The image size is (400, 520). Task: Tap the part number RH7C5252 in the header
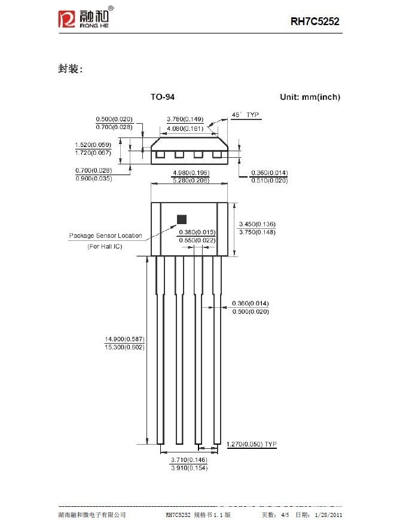pos(315,22)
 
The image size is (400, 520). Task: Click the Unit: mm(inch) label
pos(310,97)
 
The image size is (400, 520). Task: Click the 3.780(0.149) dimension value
pos(185,119)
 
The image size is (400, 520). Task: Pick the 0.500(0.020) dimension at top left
pos(114,119)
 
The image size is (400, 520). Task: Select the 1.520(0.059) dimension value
pos(93,145)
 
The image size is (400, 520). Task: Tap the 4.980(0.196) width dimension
pos(190,173)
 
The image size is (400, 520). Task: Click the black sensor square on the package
pos(182,219)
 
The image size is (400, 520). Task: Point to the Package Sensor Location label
pos(105,235)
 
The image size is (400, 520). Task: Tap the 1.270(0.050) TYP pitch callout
pos(251,445)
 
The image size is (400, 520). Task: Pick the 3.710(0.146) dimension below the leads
pos(189,459)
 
